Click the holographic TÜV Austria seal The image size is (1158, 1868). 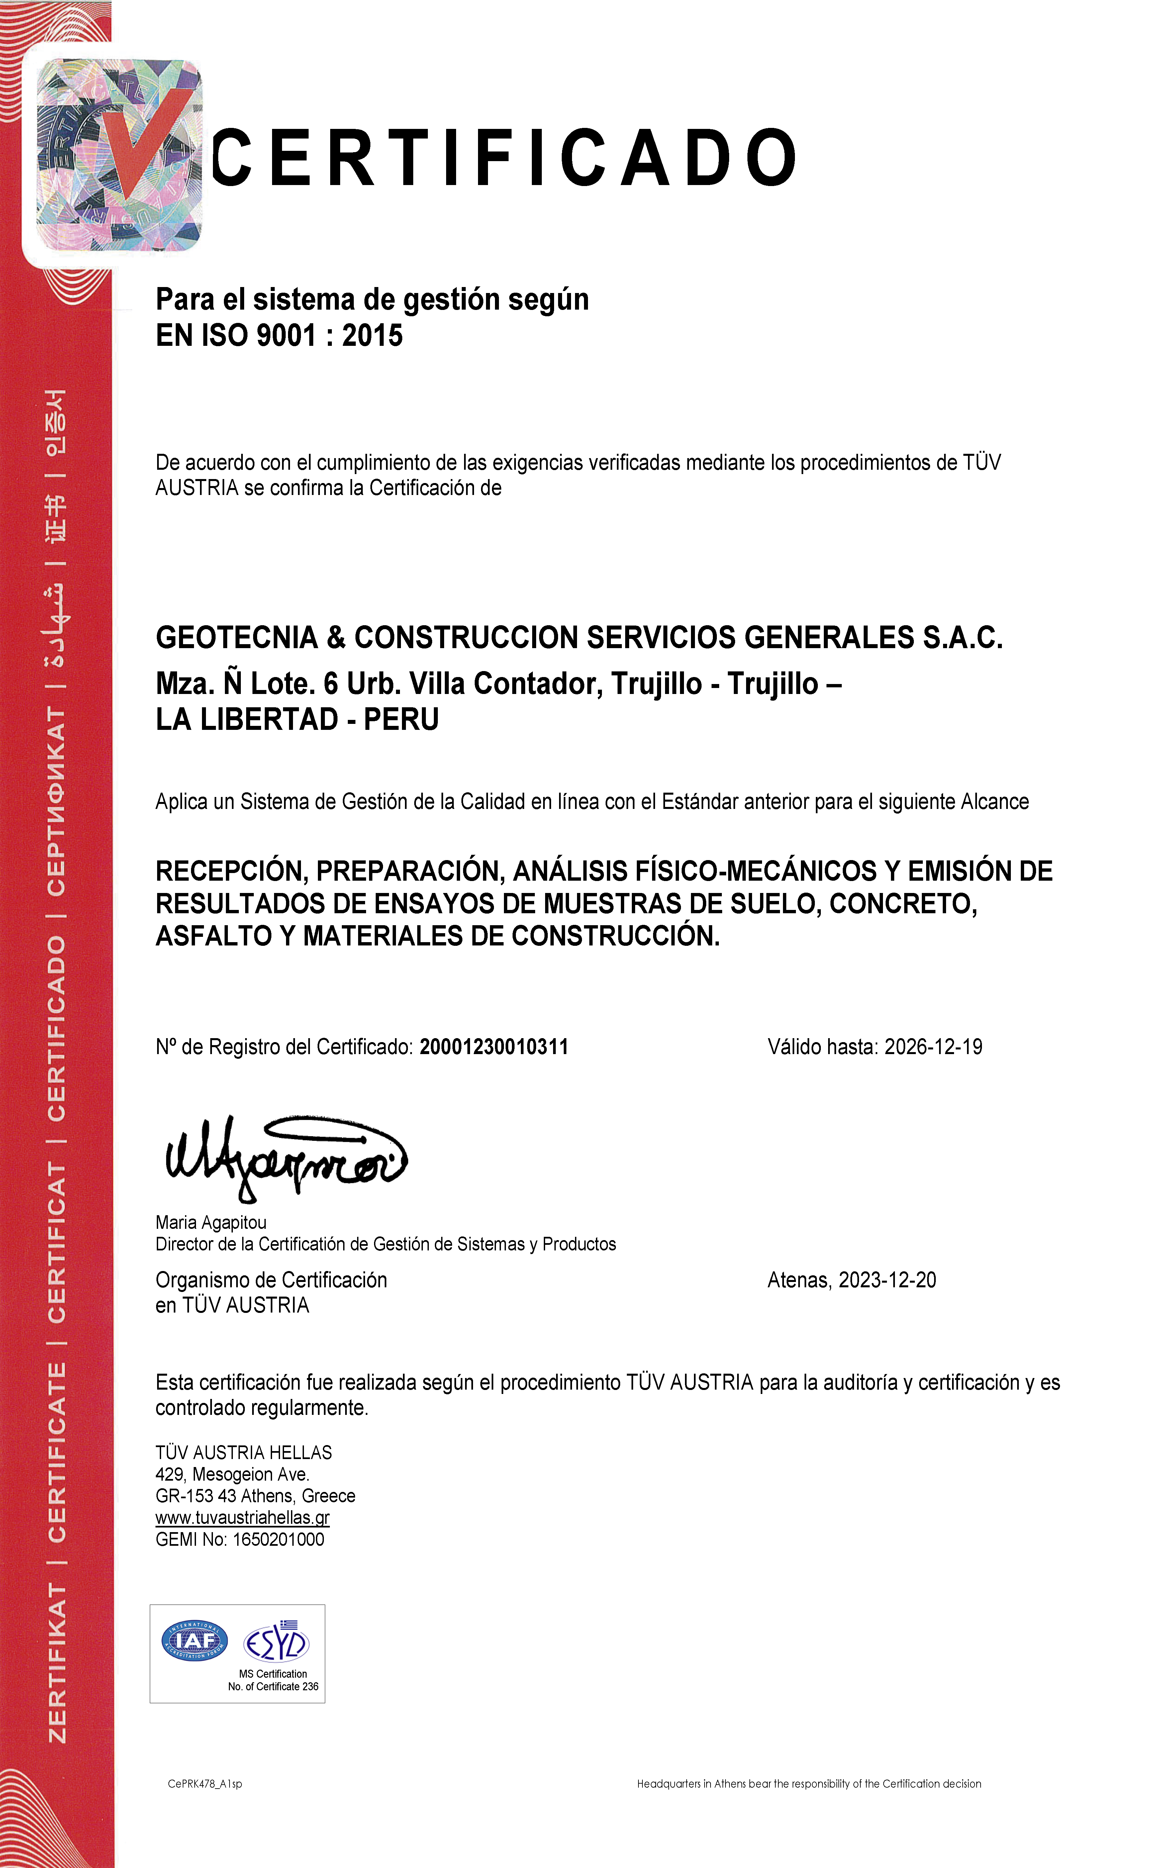119,155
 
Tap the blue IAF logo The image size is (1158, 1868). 195,1641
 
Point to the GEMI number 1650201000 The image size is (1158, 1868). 278,1539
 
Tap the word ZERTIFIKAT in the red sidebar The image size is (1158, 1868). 57,1663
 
